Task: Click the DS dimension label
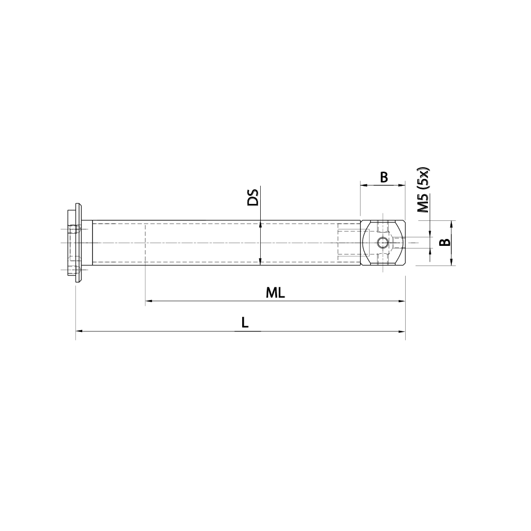(253, 196)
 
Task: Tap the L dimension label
(244, 322)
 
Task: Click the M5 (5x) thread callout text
(423, 190)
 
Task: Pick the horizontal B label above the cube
(384, 177)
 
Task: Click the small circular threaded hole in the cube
(382, 243)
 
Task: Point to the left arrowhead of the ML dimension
(149, 301)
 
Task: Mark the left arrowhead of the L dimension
(80, 331)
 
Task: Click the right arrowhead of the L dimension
(401, 331)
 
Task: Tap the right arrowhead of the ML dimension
(401, 301)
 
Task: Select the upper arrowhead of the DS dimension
(260, 225)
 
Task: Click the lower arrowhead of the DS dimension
(260, 261)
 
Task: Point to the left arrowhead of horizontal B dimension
(364, 185)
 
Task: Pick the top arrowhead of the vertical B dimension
(451, 224)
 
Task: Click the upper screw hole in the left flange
(74, 229)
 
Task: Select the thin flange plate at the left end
(79, 243)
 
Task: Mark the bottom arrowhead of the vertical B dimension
(451, 262)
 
